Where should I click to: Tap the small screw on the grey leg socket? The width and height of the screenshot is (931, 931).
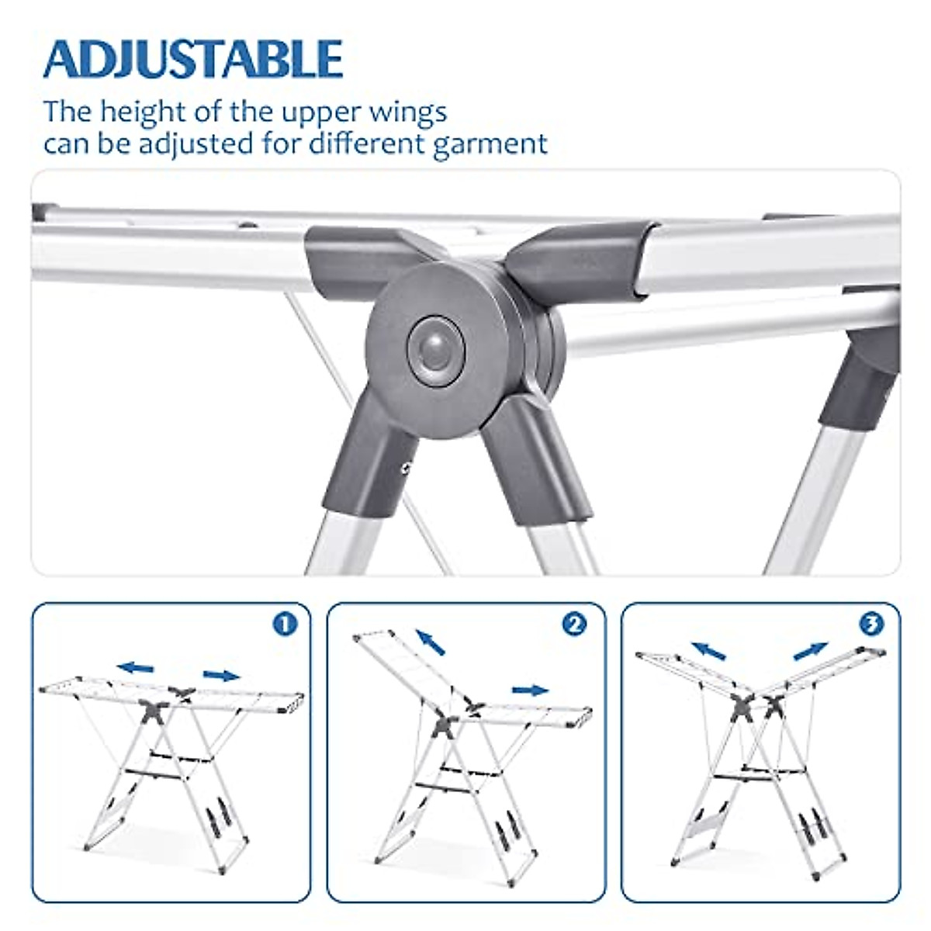pyautogui.click(x=405, y=467)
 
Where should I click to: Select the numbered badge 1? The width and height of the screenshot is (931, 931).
pyautogui.click(x=286, y=624)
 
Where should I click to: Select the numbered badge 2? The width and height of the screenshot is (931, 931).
pyautogui.click(x=574, y=624)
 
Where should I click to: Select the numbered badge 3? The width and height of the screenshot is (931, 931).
pyautogui.click(x=871, y=624)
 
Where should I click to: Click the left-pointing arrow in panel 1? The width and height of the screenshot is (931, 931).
pyautogui.click(x=137, y=667)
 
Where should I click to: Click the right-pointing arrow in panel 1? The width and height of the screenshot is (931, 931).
pyautogui.click(x=222, y=675)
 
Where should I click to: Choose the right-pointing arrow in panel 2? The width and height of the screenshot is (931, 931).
pyautogui.click(x=531, y=690)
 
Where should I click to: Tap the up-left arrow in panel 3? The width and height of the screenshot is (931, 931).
pyautogui.click(x=709, y=650)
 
